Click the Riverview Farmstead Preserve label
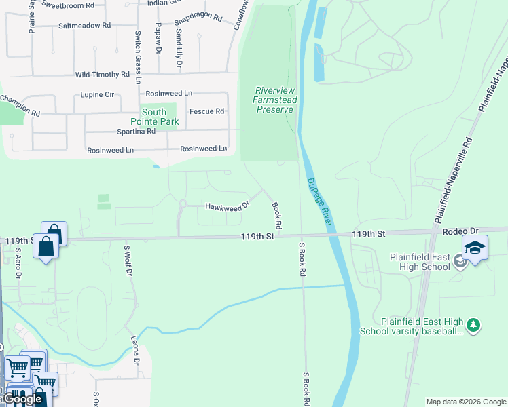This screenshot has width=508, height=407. pos(274,100)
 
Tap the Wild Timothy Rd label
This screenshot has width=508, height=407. pos(102,74)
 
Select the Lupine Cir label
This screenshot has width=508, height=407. pos(97,95)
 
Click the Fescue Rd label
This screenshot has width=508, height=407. pos(206,111)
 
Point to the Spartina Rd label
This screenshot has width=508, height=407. pos(137,132)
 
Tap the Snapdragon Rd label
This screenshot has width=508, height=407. pos(198,18)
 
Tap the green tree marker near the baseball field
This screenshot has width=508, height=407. pos(473,326)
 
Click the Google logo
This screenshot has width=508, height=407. pos(22,399)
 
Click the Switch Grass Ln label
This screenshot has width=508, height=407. pos(138,57)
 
